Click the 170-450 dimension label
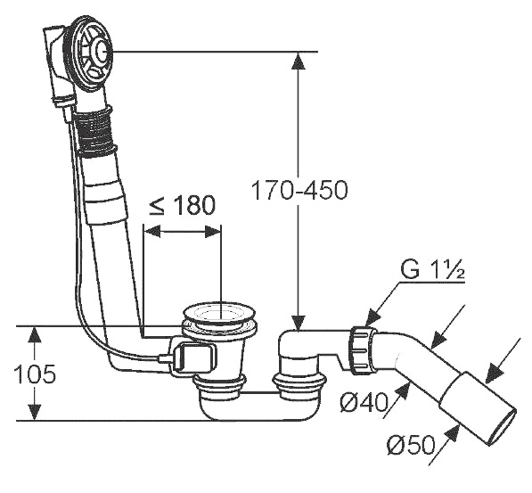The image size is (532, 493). coord(299,190)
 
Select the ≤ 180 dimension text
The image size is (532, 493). coord(183,205)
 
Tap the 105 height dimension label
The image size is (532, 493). coord(35,374)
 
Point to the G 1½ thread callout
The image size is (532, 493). coord(432,270)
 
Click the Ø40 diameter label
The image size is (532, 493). coord(364,403)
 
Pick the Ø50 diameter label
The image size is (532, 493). coord(411,445)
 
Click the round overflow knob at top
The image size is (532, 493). coord(101,52)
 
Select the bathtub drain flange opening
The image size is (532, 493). coord(219,314)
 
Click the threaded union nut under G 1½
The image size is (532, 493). coord(362,349)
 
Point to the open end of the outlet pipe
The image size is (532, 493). coord(502,425)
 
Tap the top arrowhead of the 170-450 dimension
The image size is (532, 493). coord(299,62)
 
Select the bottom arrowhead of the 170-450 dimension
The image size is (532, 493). coord(299,322)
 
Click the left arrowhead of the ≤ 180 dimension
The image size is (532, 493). coord(152,232)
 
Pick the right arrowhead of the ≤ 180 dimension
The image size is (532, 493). coord(213,232)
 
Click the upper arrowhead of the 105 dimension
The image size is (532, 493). coord(34,336)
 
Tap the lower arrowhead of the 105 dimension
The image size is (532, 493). coord(34,412)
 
